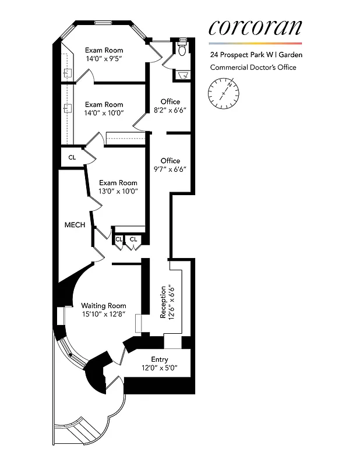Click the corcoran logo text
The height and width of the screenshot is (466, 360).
coord(255,27)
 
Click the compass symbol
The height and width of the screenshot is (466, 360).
coord(223,93)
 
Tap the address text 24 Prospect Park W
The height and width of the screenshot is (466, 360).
coord(242,55)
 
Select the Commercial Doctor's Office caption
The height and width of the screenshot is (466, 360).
coord(253,68)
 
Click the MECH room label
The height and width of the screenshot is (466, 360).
coord(75,225)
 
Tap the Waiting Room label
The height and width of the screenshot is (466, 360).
coord(103,306)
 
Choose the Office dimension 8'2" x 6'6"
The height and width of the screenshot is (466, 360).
coord(170,110)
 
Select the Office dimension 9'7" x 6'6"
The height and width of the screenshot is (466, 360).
coord(170,170)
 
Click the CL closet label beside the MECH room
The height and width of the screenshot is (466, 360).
coord(72,157)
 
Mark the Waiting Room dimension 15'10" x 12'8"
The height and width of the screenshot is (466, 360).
coord(103,315)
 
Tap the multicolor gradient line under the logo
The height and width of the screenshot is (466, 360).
coord(255,43)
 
